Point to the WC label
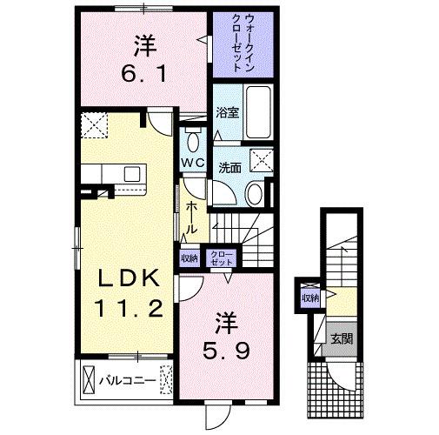193,163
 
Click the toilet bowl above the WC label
193,140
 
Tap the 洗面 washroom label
229,167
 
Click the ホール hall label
191,215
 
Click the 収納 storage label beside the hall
189,258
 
